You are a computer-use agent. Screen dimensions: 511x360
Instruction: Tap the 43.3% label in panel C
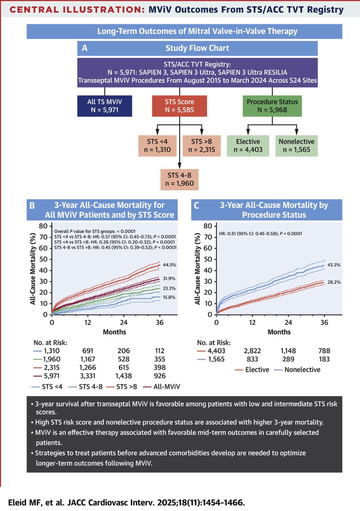point(334,265)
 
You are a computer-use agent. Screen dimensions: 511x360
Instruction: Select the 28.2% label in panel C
point(334,281)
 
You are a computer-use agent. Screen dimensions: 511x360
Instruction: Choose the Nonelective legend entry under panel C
point(300,370)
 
